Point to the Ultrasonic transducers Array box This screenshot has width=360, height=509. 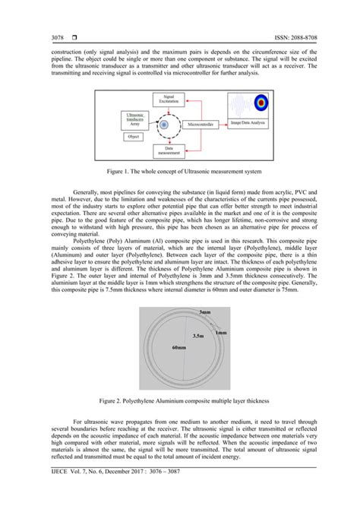point(134,119)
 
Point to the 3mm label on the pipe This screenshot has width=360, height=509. point(204,312)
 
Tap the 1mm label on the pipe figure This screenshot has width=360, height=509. point(221,332)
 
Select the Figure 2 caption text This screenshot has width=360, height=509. point(179,397)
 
